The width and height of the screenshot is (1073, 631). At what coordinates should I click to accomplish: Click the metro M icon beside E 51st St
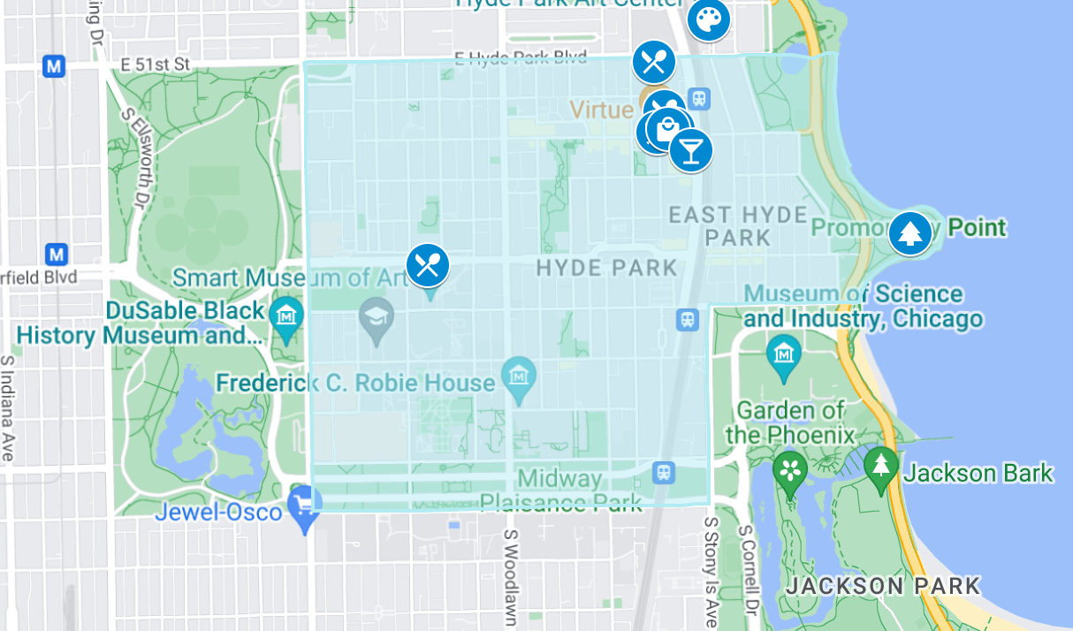[55, 65]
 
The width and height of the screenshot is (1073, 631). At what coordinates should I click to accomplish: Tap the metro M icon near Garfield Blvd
[57, 255]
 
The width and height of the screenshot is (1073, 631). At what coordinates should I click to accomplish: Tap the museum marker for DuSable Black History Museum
[286, 315]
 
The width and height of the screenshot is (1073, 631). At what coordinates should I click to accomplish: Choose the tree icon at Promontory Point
[909, 233]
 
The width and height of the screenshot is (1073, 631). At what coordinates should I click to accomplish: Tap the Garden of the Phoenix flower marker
[789, 471]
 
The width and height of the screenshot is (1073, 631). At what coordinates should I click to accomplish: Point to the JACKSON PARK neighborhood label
[883, 586]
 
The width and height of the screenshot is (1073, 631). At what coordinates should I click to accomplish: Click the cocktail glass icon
[690, 149]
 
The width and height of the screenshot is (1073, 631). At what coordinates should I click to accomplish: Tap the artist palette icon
[708, 19]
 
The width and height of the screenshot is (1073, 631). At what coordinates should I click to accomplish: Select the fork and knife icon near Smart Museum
[428, 264]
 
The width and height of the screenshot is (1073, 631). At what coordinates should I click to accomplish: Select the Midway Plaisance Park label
[560, 491]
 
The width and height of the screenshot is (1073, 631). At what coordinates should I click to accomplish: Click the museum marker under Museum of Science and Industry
[783, 354]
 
